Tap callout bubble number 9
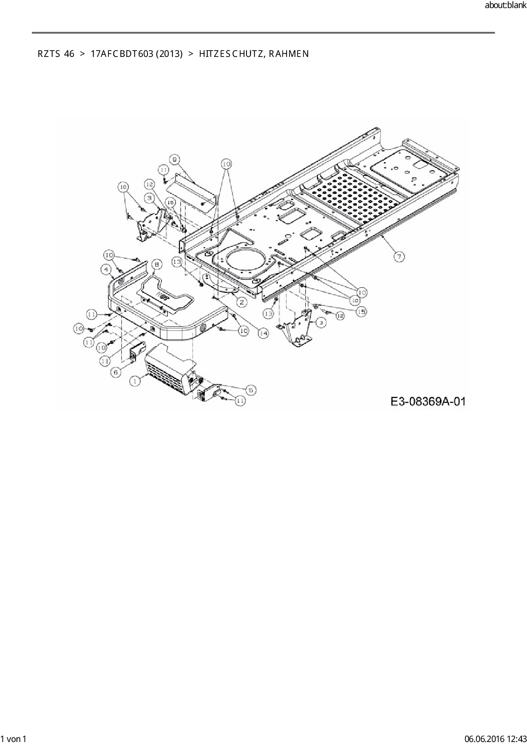pos(175,159)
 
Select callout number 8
pos(156,265)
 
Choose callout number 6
pos(116,372)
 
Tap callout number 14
pos(263,334)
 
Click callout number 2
pos(241,302)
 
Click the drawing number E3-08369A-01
pos(428,401)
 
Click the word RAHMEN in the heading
pos(289,54)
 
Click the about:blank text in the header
pos(505,6)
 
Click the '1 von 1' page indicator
pos(14,739)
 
